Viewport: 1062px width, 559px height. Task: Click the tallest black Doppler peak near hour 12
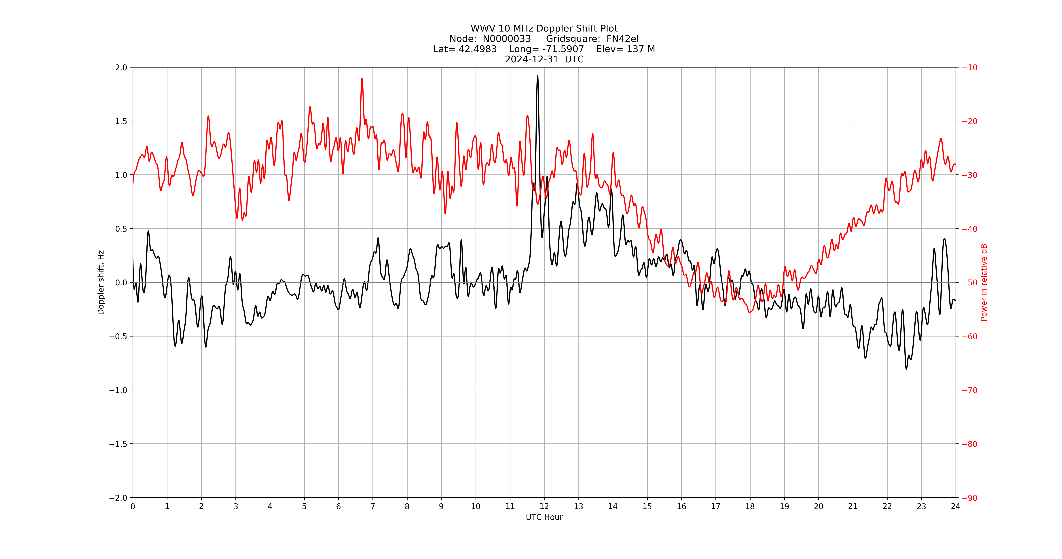point(537,76)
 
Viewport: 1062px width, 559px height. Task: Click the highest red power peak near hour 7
point(362,79)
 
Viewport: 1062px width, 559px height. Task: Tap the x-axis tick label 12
point(544,506)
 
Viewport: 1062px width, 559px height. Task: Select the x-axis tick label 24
point(956,506)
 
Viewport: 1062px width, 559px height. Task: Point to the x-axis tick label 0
point(133,506)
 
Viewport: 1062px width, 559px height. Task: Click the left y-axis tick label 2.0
point(121,68)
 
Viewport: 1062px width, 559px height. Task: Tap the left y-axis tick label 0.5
point(121,229)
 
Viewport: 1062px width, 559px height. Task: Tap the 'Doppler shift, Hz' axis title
point(101,282)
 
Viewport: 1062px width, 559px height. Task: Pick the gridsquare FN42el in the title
point(622,39)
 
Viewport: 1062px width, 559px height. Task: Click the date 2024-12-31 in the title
point(532,59)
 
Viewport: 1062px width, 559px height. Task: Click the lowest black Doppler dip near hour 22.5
point(906,368)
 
